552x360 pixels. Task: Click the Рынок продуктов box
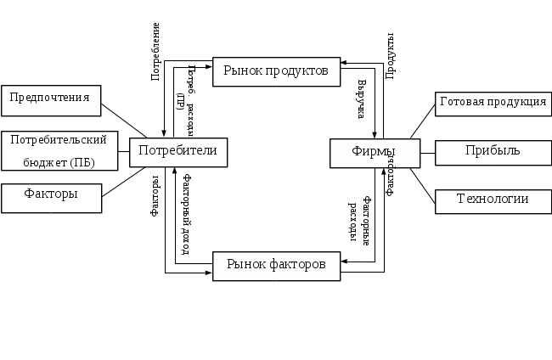[276, 71]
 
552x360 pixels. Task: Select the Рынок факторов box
[276, 265]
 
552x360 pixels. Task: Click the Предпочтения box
[51, 98]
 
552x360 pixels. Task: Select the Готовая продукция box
[493, 104]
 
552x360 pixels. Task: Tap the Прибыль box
[493, 151]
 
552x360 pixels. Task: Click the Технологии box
[493, 200]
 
